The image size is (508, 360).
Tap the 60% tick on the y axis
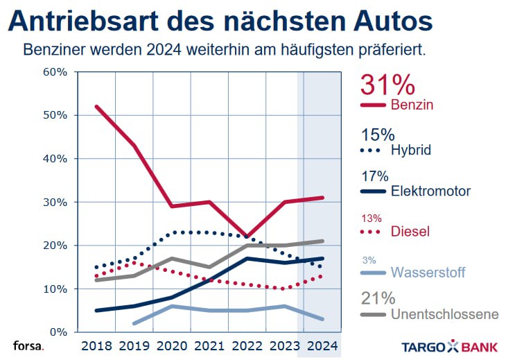click(55, 71)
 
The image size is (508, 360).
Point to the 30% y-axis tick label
click(55, 202)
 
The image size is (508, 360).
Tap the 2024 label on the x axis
click(320, 345)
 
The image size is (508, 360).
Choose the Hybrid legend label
click(411, 150)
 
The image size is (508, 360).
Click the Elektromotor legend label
click(430, 191)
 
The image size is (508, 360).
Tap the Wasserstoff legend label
click(428, 273)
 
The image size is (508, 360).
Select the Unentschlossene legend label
click(444, 314)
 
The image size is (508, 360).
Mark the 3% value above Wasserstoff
click(369, 260)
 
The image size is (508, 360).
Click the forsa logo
click(27, 345)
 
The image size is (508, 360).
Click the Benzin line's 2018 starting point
click(96, 106)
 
